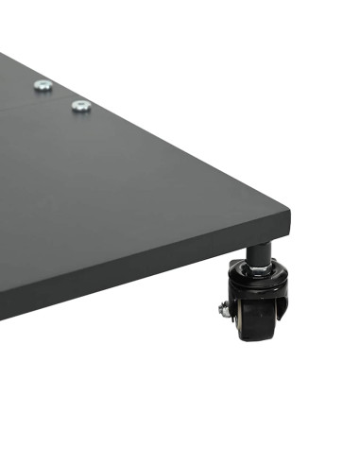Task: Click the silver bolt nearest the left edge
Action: pyautogui.click(x=43, y=86)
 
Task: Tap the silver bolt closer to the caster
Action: pyautogui.click(x=80, y=106)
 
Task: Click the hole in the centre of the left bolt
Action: pyautogui.click(x=43, y=86)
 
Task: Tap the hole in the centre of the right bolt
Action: pyautogui.click(x=80, y=106)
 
